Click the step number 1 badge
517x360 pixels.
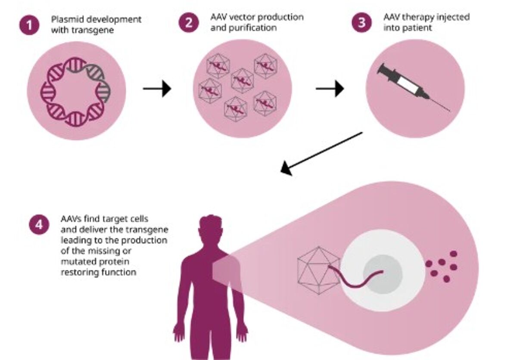point(29,25)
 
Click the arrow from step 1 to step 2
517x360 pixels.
point(157,89)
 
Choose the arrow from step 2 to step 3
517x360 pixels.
point(330,89)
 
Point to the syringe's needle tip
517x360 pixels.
point(449,111)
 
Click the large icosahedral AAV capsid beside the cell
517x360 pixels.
point(318,270)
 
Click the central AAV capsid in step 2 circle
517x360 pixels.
point(242,81)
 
